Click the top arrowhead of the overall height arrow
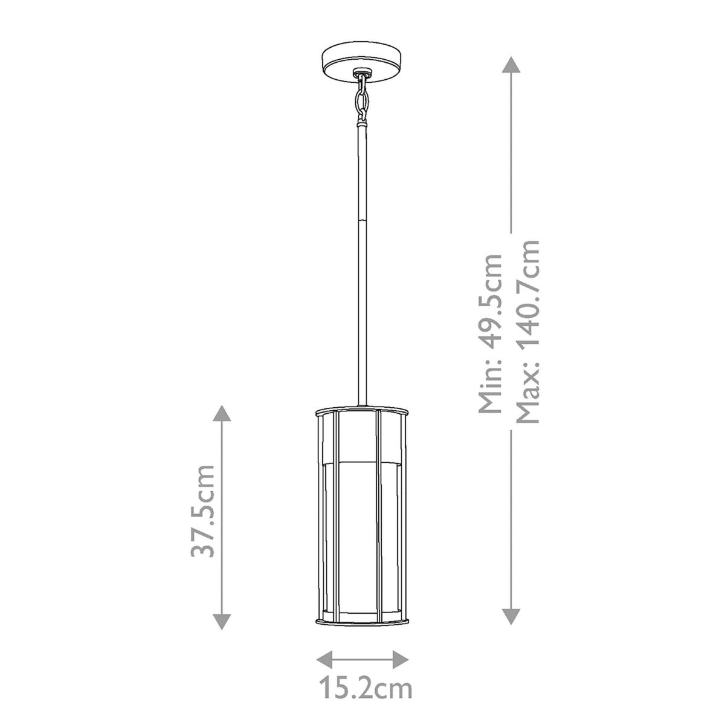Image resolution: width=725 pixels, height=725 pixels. [511, 66]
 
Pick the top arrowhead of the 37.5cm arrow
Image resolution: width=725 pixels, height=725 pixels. [222, 414]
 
